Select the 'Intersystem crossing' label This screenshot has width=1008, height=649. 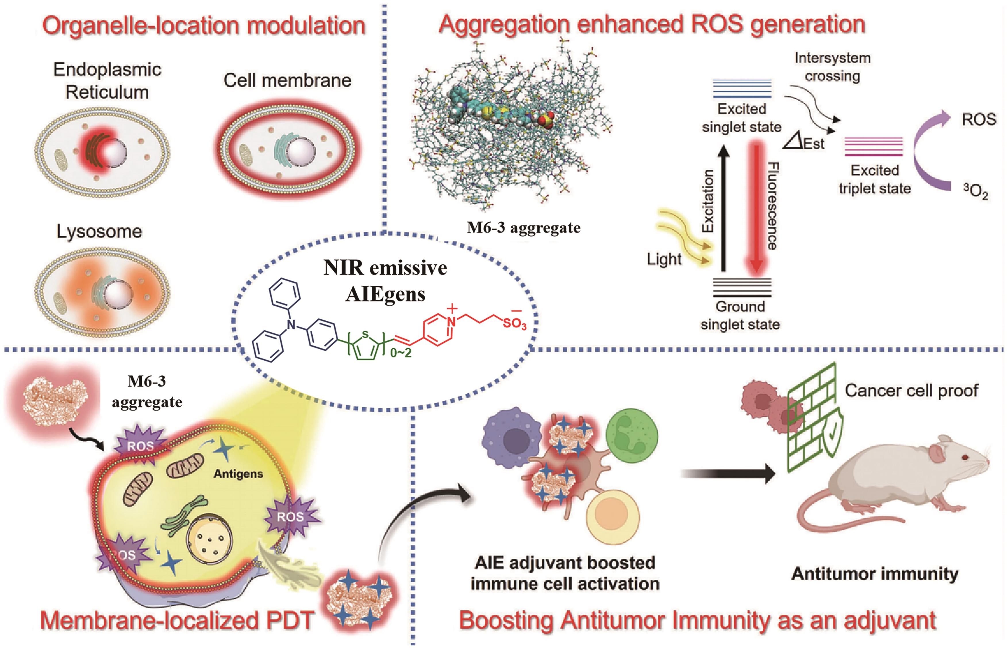(832, 67)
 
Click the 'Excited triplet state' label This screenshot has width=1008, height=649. (874, 179)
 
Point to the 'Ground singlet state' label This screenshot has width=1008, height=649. (740, 315)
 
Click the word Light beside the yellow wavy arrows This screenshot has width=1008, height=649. (664, 259)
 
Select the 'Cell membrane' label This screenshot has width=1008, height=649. (287, 80)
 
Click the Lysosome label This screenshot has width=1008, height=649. (99, 231)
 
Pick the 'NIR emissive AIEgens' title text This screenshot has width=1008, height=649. (385, 281)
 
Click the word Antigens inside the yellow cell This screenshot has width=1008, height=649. (238, 474)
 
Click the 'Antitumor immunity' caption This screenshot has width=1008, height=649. (874, 573)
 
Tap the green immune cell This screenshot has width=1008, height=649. (631, 436)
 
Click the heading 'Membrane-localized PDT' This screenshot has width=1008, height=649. (177, 620)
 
